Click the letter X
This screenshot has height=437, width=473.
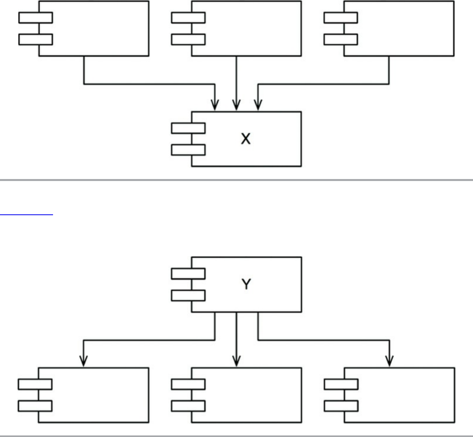246,139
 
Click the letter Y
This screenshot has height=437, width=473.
246,284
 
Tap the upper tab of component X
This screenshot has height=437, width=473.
188,128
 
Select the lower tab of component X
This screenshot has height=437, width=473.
188,150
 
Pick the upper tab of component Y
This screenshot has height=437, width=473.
188,273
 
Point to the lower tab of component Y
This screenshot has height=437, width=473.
188,295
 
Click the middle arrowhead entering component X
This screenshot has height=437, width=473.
236,105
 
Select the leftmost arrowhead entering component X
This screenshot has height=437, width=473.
214,105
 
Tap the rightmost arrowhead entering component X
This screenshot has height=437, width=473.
258,105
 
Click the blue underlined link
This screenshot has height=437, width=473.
26,214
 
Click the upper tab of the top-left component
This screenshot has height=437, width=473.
35,18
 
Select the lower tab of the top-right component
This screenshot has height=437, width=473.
341,39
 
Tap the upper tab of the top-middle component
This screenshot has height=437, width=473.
188,18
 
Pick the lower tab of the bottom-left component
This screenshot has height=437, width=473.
35,406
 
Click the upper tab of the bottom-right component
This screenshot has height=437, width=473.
341,384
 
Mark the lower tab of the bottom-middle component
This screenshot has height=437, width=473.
188,406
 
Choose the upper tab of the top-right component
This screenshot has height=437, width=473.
341,18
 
